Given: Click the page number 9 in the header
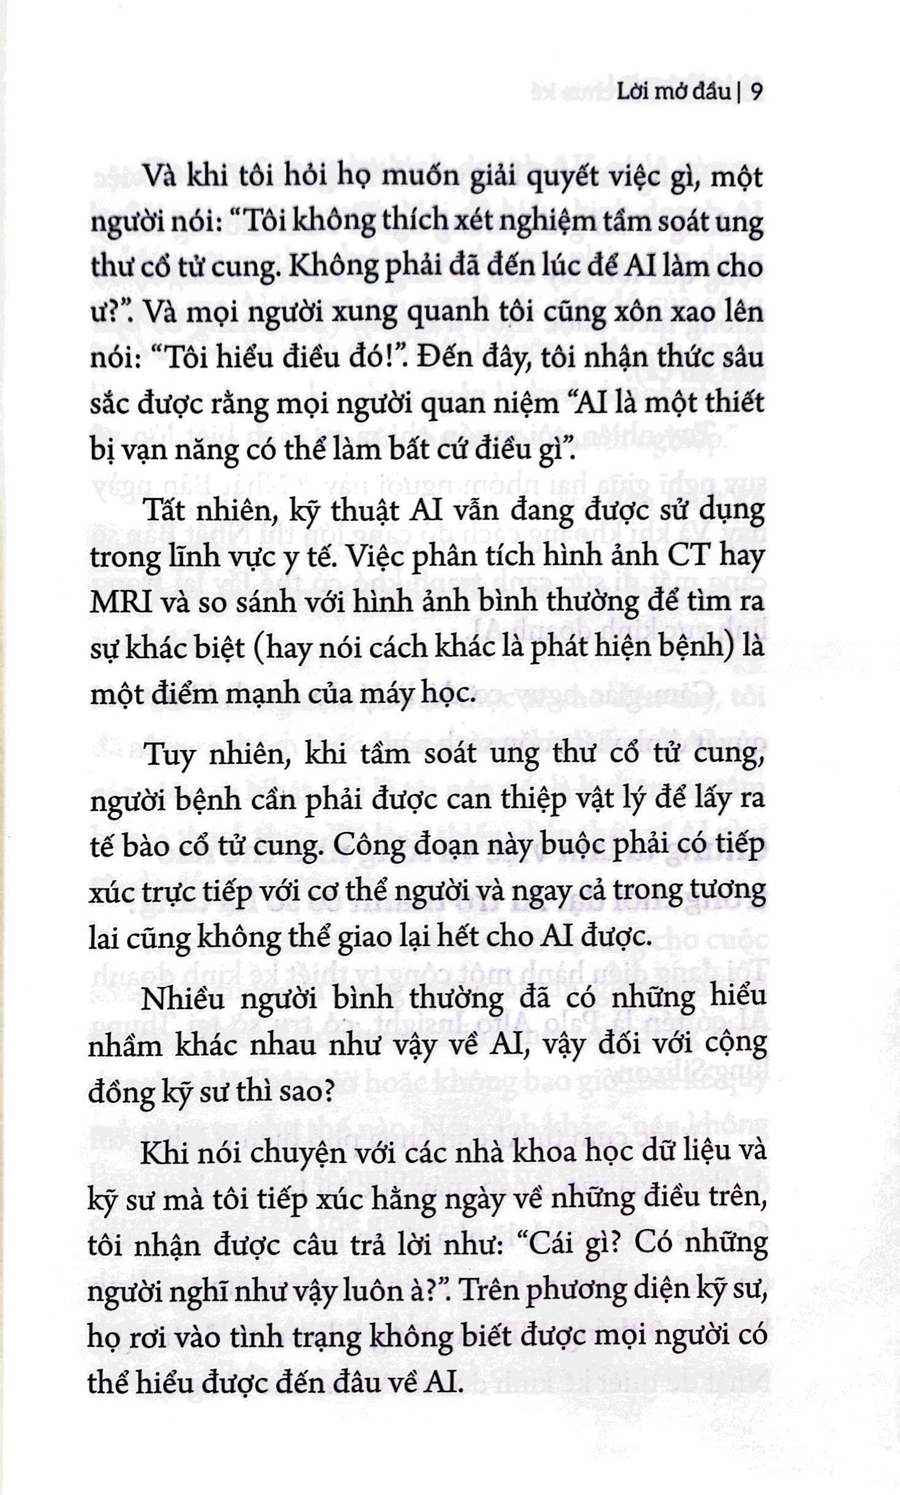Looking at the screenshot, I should point(756,93).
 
